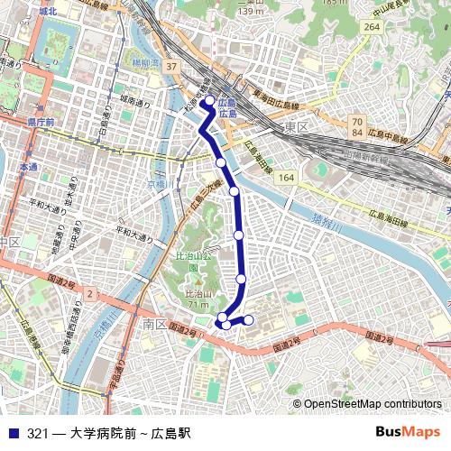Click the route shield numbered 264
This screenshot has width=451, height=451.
coord(371,28)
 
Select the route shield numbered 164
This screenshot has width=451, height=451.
coord(287,178)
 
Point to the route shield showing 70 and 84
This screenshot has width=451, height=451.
coord(357,127)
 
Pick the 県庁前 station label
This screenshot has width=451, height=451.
coord(39,122)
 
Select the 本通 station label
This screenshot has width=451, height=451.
coord(28,168)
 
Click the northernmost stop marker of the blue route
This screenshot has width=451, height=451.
coord(208,101)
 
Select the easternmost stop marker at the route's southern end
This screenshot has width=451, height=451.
coord(249,320)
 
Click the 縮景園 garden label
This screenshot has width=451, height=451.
coord(143,65)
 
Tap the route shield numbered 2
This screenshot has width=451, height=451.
coord(90,294)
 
